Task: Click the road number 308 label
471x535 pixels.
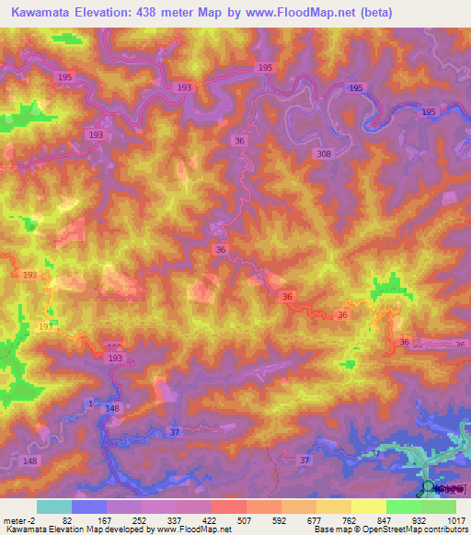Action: tap(323, 154)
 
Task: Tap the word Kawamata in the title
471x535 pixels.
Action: tap(41, 13)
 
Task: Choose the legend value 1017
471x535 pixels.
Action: tap(454, 520)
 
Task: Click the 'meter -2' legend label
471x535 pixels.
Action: tap(18, 520)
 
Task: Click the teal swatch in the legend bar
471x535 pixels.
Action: tap(54, 507)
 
